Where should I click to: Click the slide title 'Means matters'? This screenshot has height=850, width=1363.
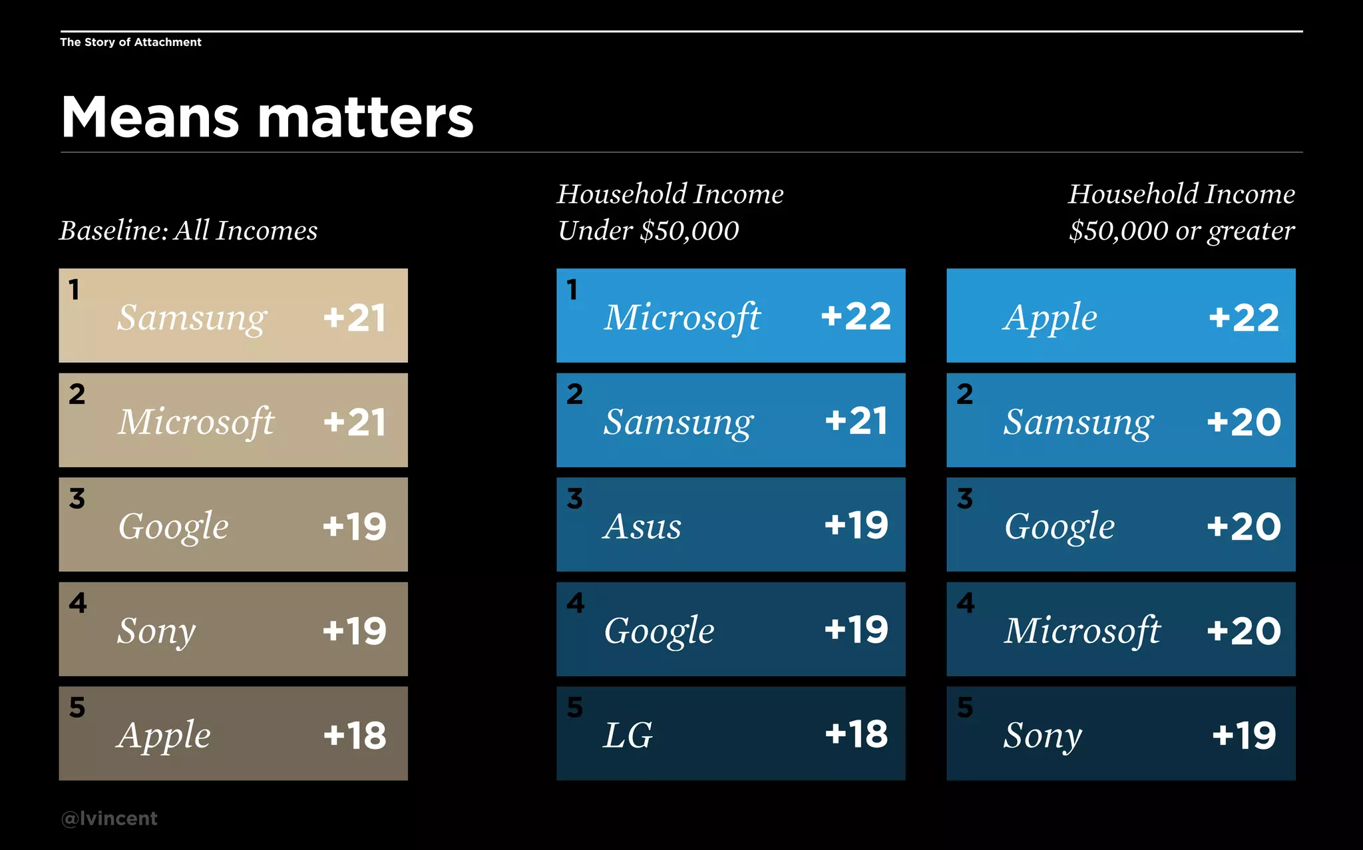[267, 117]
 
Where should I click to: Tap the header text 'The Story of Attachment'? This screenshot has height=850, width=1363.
[130, 42]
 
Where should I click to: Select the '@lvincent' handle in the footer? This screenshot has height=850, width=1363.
[109, 818]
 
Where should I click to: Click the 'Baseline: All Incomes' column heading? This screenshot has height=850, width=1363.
[188, 230]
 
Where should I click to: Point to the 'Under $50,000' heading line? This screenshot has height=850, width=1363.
[648, 230]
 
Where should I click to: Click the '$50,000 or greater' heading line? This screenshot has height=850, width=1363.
[1181, 230]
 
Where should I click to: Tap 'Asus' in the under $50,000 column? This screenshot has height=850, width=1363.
[642, 527]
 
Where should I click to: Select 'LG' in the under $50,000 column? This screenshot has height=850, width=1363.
[628, 735]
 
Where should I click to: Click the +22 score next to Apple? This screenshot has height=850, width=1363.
[1243, 318]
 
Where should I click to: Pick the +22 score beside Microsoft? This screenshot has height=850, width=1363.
[856, 316]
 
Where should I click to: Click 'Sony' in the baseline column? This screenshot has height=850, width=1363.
[156, 631]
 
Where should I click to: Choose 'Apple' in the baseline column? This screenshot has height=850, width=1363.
[164, 736]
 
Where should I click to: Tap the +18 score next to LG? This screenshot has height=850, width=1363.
[856, 734]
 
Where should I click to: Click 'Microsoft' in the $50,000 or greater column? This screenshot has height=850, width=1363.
[1082, 630]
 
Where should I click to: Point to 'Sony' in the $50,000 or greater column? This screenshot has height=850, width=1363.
[1043, 736]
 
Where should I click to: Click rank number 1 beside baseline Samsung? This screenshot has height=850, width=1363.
[74, 290]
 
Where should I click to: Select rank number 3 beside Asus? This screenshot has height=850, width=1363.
[575, 499]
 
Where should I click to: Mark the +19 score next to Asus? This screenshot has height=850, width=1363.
[856, 525]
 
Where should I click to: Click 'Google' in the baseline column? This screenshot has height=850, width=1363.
[173, 527]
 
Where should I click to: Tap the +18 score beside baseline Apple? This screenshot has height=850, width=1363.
[354, 736]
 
